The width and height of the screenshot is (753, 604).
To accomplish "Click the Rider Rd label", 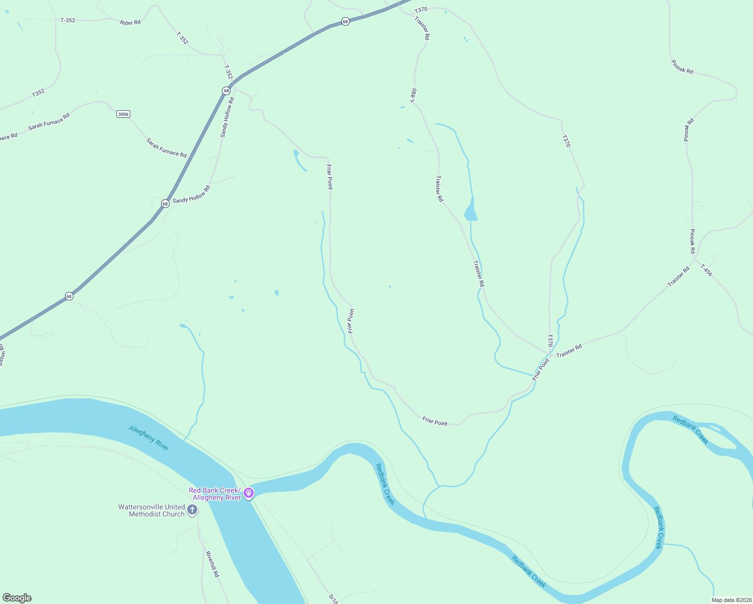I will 130,23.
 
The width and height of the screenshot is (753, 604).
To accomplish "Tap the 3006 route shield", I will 123,114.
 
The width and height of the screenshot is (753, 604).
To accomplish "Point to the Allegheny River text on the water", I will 149,438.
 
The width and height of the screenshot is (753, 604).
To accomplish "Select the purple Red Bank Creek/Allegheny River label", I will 215,494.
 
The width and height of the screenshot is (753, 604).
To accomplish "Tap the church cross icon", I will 192,510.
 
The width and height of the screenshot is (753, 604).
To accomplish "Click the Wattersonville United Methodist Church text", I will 152,510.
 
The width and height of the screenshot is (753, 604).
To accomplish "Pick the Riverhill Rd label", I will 212,564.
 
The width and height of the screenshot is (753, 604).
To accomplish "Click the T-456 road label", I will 707,270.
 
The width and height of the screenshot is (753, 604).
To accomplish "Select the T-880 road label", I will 413,96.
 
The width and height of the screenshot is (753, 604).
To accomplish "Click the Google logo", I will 17,598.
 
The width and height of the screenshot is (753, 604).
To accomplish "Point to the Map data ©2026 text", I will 731,600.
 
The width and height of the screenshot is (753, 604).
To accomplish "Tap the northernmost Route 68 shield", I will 345,22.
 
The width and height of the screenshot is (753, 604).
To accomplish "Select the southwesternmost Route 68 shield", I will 69,296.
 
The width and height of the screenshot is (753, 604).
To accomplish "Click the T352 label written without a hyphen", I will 39,93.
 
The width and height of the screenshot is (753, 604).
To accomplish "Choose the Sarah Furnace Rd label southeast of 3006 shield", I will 166,148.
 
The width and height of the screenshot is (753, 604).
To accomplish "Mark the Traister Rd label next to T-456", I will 679,277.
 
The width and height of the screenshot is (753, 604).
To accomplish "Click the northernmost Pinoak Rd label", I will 682,67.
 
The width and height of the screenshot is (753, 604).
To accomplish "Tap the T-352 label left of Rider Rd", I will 67,20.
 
